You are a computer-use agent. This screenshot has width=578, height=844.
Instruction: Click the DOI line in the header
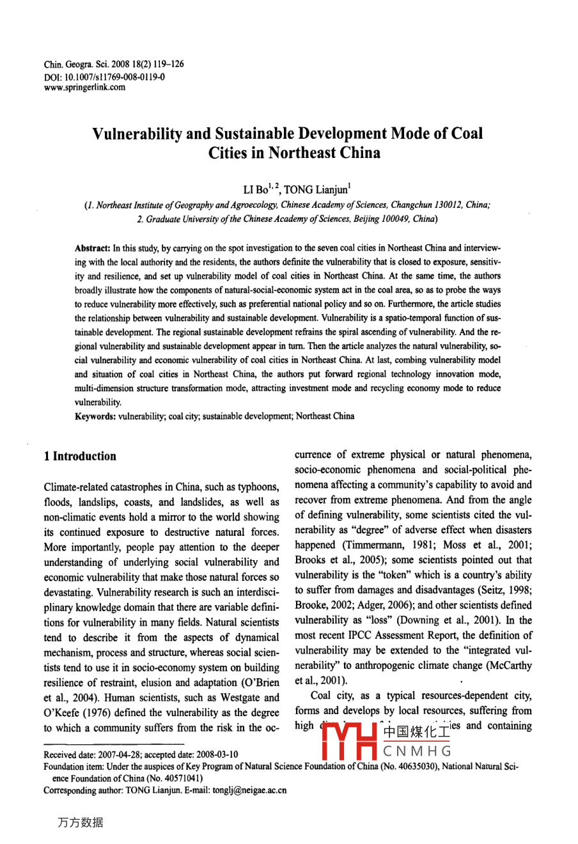pyautogui.click(x=104, y=76)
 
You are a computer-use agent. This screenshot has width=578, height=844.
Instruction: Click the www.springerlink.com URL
pyautogui.click(x=84, y=88)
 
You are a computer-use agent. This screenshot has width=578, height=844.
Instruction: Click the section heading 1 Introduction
pyautogui.click(x=80, y=456)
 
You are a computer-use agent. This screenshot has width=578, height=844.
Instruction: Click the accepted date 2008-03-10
pyautogui.click(x=216, y=754)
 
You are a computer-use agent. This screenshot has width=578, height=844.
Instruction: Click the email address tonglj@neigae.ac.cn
pyautogui.click(x=249, y=790)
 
